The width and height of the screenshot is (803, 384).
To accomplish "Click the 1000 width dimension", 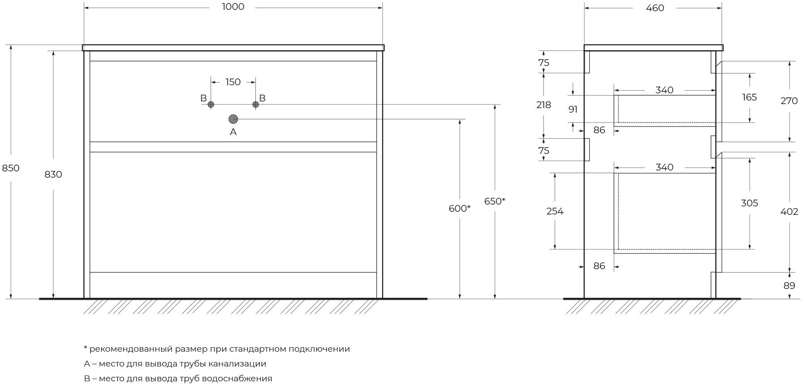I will [233, 7].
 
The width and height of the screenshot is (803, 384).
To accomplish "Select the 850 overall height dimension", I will [11, 168].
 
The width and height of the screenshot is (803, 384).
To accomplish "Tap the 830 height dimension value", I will [53, 174].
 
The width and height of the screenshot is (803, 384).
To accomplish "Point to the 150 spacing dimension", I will [233, 82].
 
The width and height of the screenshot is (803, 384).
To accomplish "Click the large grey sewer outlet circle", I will [233, 119].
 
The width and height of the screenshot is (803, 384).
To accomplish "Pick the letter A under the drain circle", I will [233, 132].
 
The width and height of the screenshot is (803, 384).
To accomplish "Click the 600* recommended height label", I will [459, 208].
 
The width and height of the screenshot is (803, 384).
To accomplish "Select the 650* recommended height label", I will [494, 201].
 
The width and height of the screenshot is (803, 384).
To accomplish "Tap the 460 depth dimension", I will [655, 8].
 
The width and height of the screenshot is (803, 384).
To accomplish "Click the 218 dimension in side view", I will [544, 105].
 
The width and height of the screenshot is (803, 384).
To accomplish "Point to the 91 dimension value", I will [573, 109].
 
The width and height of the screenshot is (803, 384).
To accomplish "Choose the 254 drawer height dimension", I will [555, 211].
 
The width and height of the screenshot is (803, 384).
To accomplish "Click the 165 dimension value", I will [749, 97].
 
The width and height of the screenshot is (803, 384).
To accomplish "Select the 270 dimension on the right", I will [789, 101].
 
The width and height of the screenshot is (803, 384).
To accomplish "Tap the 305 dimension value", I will [749, 203].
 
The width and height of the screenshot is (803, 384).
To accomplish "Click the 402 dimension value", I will [789, 211].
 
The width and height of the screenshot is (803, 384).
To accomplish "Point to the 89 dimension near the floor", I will [789, 285].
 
